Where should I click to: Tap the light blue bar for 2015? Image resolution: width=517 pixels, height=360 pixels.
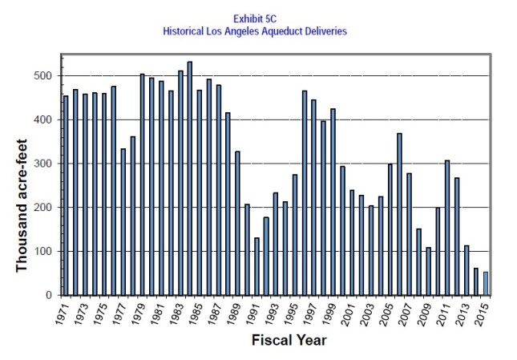click(x=485, y=284)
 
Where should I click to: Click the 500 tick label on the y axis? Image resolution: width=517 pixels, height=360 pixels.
click(x=43, y=76)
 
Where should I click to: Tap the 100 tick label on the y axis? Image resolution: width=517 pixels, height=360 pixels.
click(x=43, y=252)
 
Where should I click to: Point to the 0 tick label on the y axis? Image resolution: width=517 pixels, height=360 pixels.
click(x=50, y=296)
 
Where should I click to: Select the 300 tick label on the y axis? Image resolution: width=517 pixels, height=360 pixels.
click(x=43, y=164)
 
